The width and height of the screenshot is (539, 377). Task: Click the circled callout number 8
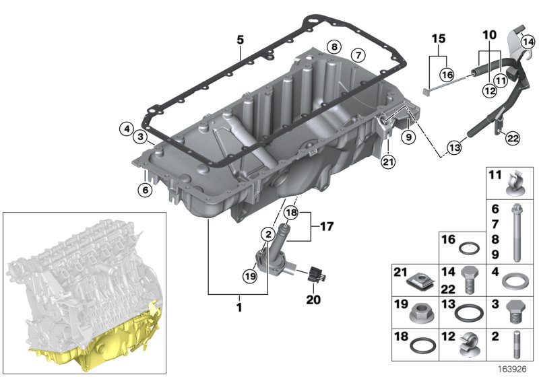(334, 46)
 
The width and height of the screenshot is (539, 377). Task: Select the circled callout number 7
(358, 55)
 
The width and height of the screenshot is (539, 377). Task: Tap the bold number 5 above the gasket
(241, 40)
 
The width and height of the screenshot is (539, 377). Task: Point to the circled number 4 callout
(127, 129)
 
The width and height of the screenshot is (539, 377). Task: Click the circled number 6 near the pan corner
(145, 190)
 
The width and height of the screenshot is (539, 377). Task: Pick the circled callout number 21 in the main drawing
(388, 162)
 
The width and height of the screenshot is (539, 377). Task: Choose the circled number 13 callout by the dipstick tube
(454, 147)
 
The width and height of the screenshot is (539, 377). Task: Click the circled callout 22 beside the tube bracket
(512, 139)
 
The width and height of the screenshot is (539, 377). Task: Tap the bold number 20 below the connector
(313, 300)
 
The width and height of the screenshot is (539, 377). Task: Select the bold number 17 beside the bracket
(327, 227)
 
